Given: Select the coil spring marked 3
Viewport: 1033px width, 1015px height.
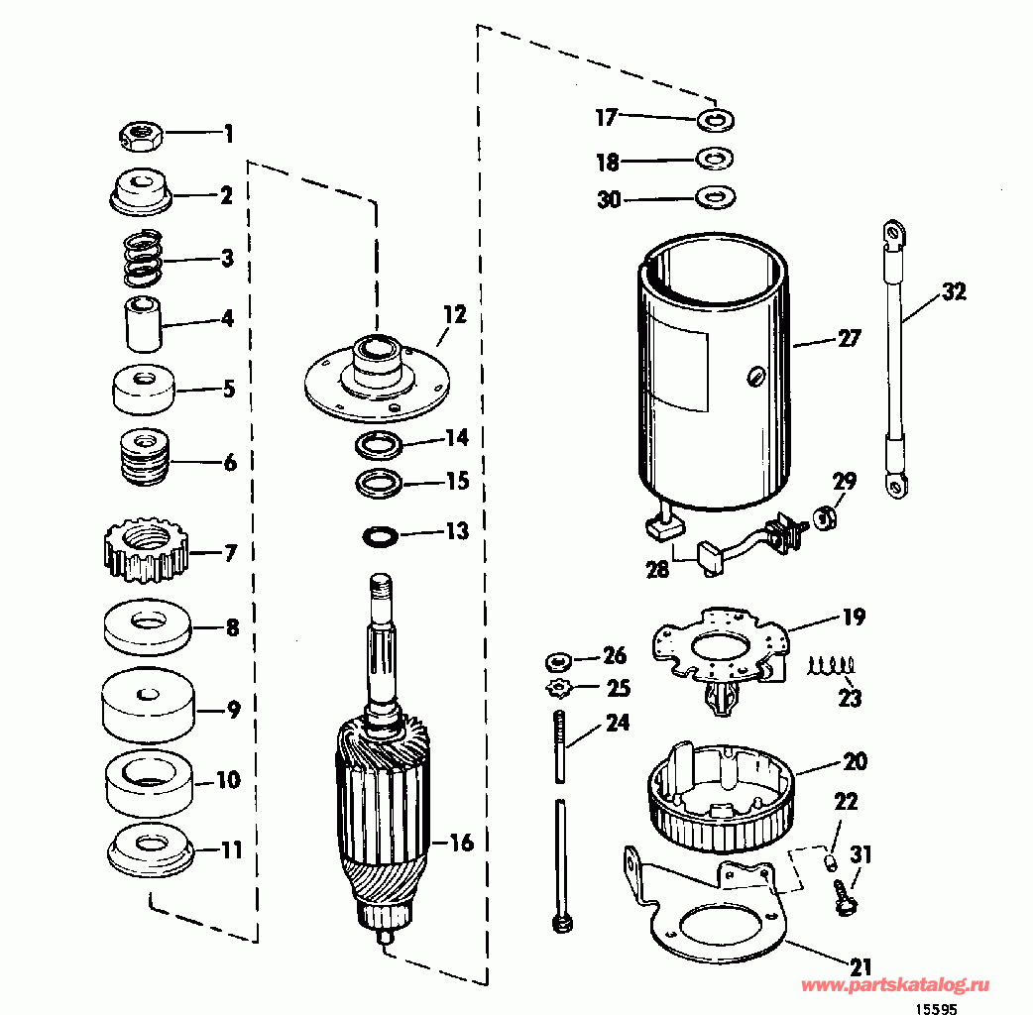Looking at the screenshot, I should point(143,256).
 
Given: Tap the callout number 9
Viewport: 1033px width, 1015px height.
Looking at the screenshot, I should point(233,710).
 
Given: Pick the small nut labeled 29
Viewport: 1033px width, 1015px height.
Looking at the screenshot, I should point(825,516).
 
